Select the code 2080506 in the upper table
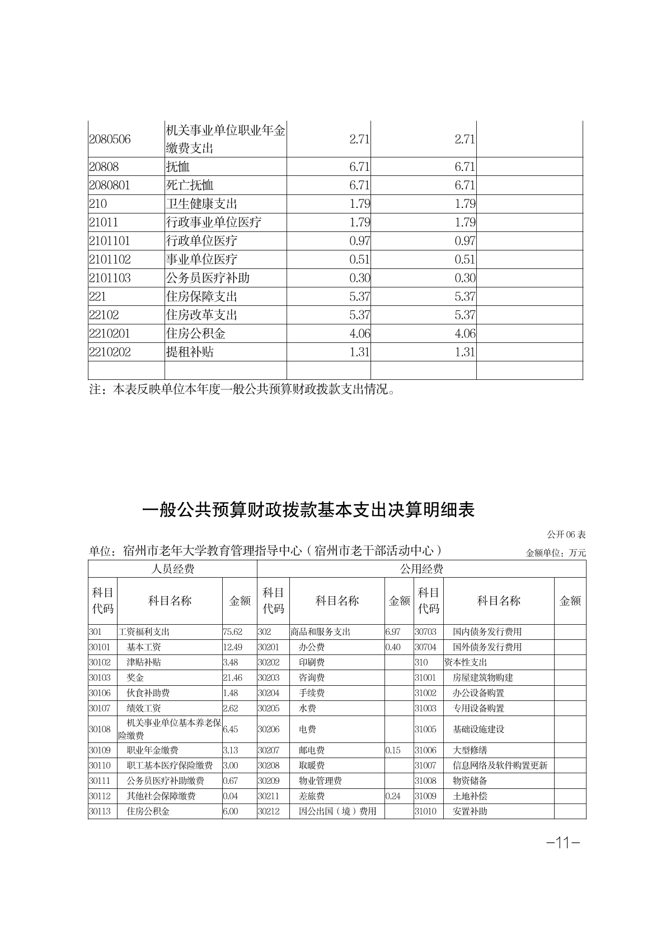pyautogui.click(x=110, y=139)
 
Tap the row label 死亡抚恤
pyautogui.click(x=190, y=185)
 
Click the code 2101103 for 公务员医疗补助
pyautogui.click(x=110, y=278)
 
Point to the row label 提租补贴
pyautogui.click(x=190, y=352)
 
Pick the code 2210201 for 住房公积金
pyautogui.click(x=110, y=333)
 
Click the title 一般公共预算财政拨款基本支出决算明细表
pyautogui.click(x=308, y=510)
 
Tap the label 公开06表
pyautogui.click(x=566, y=535)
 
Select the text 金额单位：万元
pyautogui.click(x=556, y=552)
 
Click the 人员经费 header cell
pyautogui.click(x=173, y=569)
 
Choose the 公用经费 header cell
pyautogui.click(x=421, y=569)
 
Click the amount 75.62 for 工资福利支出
pyautogui.click(x=233, y=631)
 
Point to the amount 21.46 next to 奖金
pyautogui.click(x=233, y=677)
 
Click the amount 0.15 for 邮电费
pyautogui.click(x=393, y=750)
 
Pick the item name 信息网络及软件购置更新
pyautogui.click(x=500, y=765)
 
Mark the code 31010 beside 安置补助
pyautogui.click(x=425, y=811)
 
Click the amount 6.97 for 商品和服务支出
pyautogui.click(x=393, y=631)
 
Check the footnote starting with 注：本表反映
pyautogui.click(x=243, y=389)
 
